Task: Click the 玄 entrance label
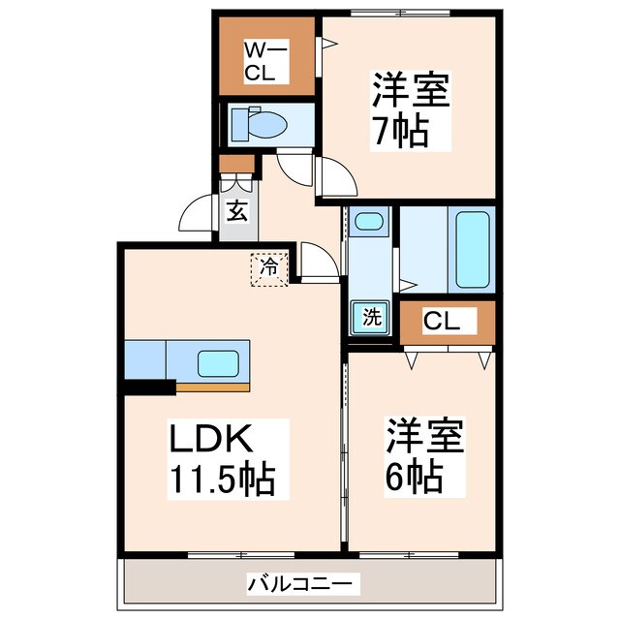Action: pyautogui.click(x=235, y=210)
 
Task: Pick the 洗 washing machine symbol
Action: pyautogui.click(x=371, y=316)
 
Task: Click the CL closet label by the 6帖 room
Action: pyautogui.click(x=447, y=321)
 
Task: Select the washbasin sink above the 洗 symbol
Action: pyautogui.click(x=368, y=222)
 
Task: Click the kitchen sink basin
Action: pyautogui.click(x=219, y=363)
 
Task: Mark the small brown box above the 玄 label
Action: pyautogui.click(x=235, y=163)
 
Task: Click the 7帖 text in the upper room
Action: pyautogui.click(x=399, y=131)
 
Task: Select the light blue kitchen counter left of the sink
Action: pyautogui.click(x=145, y=359)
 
